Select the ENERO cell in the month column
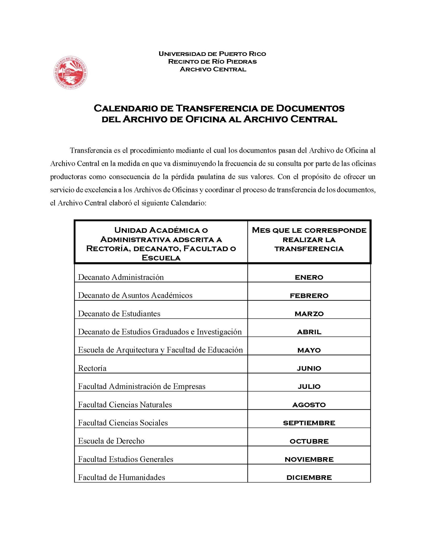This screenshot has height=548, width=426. [x=309, y=277]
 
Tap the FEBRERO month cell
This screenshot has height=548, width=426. [x=309, y=296]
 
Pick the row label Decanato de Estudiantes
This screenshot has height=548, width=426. [x=119, y=314]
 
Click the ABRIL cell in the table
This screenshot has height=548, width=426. [x=309, y=332]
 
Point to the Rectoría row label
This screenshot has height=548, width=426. [x=92, y=368]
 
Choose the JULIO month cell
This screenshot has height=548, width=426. [x=309, y=387]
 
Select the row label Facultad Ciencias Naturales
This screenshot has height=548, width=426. [x=125, y=405]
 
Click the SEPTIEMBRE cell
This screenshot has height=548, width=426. [x=309, y=423]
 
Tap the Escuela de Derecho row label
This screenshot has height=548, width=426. [x=111, y=441]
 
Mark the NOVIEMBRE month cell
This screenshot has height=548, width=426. [x=309, y=459]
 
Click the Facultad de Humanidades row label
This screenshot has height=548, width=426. [x=121, y=477]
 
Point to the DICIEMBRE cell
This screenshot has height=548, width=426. [x=309, y=478]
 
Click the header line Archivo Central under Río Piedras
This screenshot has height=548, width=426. [x=213, y=69]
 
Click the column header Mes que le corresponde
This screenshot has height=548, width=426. [x=309, y=230]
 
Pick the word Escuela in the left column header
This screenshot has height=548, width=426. [x=161, y=258]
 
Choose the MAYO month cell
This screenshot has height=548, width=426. [x=309, y=350]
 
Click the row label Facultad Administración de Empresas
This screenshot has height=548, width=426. [x=142, y=386]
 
